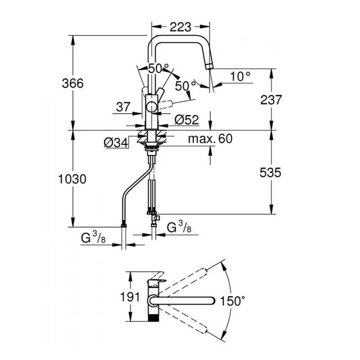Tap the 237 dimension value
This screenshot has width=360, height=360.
271,100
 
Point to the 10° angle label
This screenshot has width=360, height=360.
240,76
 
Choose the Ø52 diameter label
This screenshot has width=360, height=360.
186,119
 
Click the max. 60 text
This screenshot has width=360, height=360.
210,139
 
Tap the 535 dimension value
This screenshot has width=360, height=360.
271,173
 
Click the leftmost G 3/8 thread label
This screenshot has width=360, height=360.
95,238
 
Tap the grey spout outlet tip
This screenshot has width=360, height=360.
208,64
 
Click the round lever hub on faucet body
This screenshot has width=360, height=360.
151,107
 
